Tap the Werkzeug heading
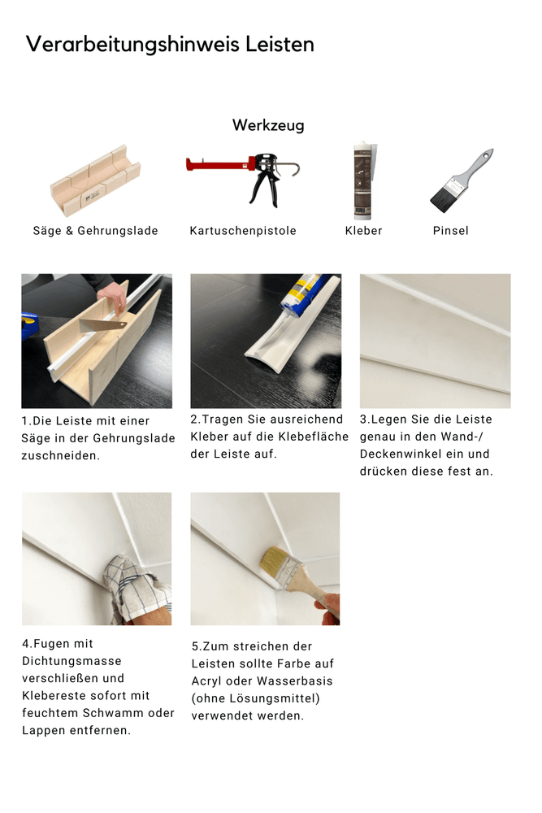point(268,125)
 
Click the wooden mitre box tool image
point(95,180)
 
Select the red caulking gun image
point(243,177)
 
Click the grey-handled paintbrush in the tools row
point(462,180)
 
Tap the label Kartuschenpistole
point(243,231)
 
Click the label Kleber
point(364,231)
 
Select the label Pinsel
point(451,231)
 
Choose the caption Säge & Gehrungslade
point(95,231)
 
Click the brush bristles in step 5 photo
point(274,563)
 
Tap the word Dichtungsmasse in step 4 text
point(72,662)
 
